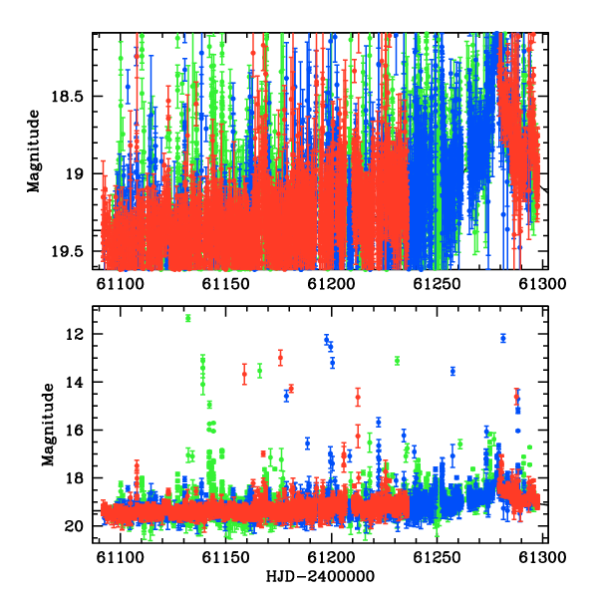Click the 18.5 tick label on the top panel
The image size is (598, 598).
click(67, 96)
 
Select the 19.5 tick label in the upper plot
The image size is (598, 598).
click(67, 251)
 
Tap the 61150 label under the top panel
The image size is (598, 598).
click(225, 284)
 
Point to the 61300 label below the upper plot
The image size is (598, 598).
click(542, 284)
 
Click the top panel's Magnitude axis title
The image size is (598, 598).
click(33, 151)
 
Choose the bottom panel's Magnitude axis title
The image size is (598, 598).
click(48, 425)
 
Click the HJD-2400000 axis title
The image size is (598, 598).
click(320, 576)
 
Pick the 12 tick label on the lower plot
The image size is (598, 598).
click(74, 334)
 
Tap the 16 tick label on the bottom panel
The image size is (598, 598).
click(74, 431)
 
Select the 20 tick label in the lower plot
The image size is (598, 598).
click(74, 526)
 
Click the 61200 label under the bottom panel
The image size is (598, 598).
click(331, 557)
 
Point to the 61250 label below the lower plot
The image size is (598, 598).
click(437, 557)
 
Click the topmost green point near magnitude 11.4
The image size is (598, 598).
click(188, 318)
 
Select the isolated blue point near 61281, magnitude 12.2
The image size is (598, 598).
click(503, 338)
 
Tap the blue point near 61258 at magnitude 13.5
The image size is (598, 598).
click(452, 371)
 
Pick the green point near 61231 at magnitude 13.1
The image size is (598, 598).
click(397, 361)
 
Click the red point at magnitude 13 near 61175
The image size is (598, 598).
click(280, 358)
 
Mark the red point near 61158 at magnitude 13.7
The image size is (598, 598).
click(244, 374)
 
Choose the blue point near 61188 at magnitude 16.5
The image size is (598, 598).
click(307, 444)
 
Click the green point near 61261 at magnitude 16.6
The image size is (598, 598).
click(459, 444)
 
